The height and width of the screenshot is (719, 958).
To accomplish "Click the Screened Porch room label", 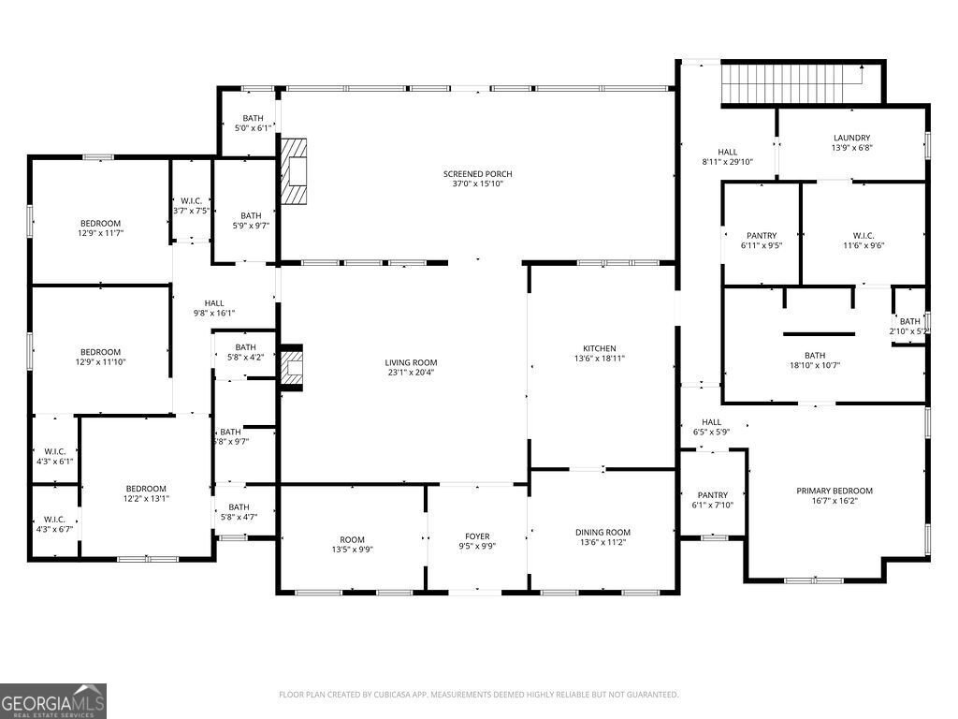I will (477, 174).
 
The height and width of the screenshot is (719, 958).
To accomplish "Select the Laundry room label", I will (851, 138).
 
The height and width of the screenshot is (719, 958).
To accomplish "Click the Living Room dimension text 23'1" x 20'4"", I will (411, 373).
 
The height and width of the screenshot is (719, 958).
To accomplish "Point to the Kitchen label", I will (599, 348).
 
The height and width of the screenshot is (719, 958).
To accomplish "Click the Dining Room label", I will (602, 532).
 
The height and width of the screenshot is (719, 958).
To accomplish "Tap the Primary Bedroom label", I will (834, 491).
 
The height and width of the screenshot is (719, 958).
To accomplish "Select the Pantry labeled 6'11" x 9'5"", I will (762, 236).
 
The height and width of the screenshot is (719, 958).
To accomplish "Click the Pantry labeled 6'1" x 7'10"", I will (712, 495).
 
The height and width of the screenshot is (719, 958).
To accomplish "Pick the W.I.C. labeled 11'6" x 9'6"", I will (863, 236).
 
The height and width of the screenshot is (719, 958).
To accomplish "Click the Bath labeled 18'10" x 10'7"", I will (815, 356).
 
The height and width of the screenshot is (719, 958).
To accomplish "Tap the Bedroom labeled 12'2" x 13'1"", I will (146, 489).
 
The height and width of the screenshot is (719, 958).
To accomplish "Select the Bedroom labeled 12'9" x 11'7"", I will (100, 223).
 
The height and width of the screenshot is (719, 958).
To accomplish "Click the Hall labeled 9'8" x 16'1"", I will (214, 303).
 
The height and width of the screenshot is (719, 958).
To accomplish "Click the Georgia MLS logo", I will (53, 700).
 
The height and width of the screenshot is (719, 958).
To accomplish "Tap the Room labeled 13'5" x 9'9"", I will (352, 539).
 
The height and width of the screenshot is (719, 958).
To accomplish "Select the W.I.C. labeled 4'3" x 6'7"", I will (53, 520).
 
